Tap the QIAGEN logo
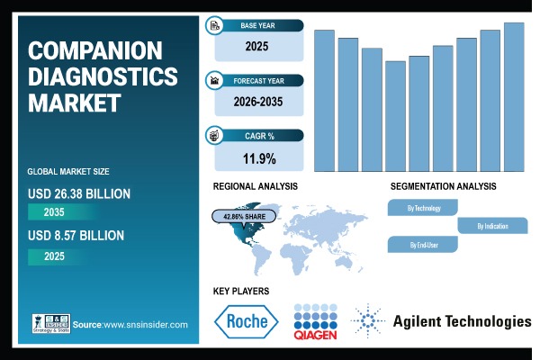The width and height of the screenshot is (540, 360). click(x=315, y=323)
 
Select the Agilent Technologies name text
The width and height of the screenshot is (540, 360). click(x=462, y=321)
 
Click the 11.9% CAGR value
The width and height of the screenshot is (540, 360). click(x=258, y=159)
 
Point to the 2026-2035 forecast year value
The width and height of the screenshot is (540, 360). click(x=258, y=102)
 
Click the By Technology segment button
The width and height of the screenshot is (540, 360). click(x=424, y=208)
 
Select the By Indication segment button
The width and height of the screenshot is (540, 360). click(x=492, y=226)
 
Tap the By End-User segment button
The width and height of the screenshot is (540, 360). click(x=424, y=244)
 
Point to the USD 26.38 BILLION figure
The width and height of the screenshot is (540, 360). click(x=79, y=193)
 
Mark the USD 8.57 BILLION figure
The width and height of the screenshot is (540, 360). click(x=75, y=236)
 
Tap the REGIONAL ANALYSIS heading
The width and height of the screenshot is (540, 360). click(x=256, y=186)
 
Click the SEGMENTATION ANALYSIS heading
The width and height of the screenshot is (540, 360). click(x=443, y=186)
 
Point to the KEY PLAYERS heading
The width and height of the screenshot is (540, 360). click(x=241, y=291)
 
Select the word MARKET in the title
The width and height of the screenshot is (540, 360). click(x=74, y=103)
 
